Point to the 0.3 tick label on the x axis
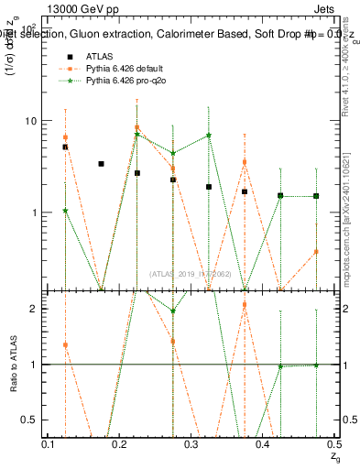pyautogui.click(x=191, y=444)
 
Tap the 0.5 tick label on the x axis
pyautogui.click(x=334, y=444)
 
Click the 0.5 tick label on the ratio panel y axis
pyautogui.click(x=27, y=420)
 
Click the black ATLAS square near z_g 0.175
pyautogui.click(x=101, y=164)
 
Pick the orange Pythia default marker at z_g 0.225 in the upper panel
pyautogui.click(x=136, y=127)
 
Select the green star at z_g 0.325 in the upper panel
pyautogui.click(x=209, y=135)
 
